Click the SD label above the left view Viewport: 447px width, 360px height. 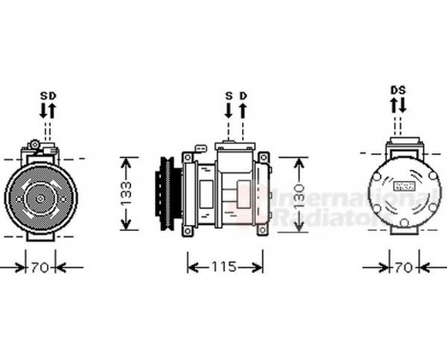point(48,97)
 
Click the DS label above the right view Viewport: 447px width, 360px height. point(398,90)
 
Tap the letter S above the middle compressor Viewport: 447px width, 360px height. point(229,97)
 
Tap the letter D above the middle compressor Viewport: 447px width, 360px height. point(243,97)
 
